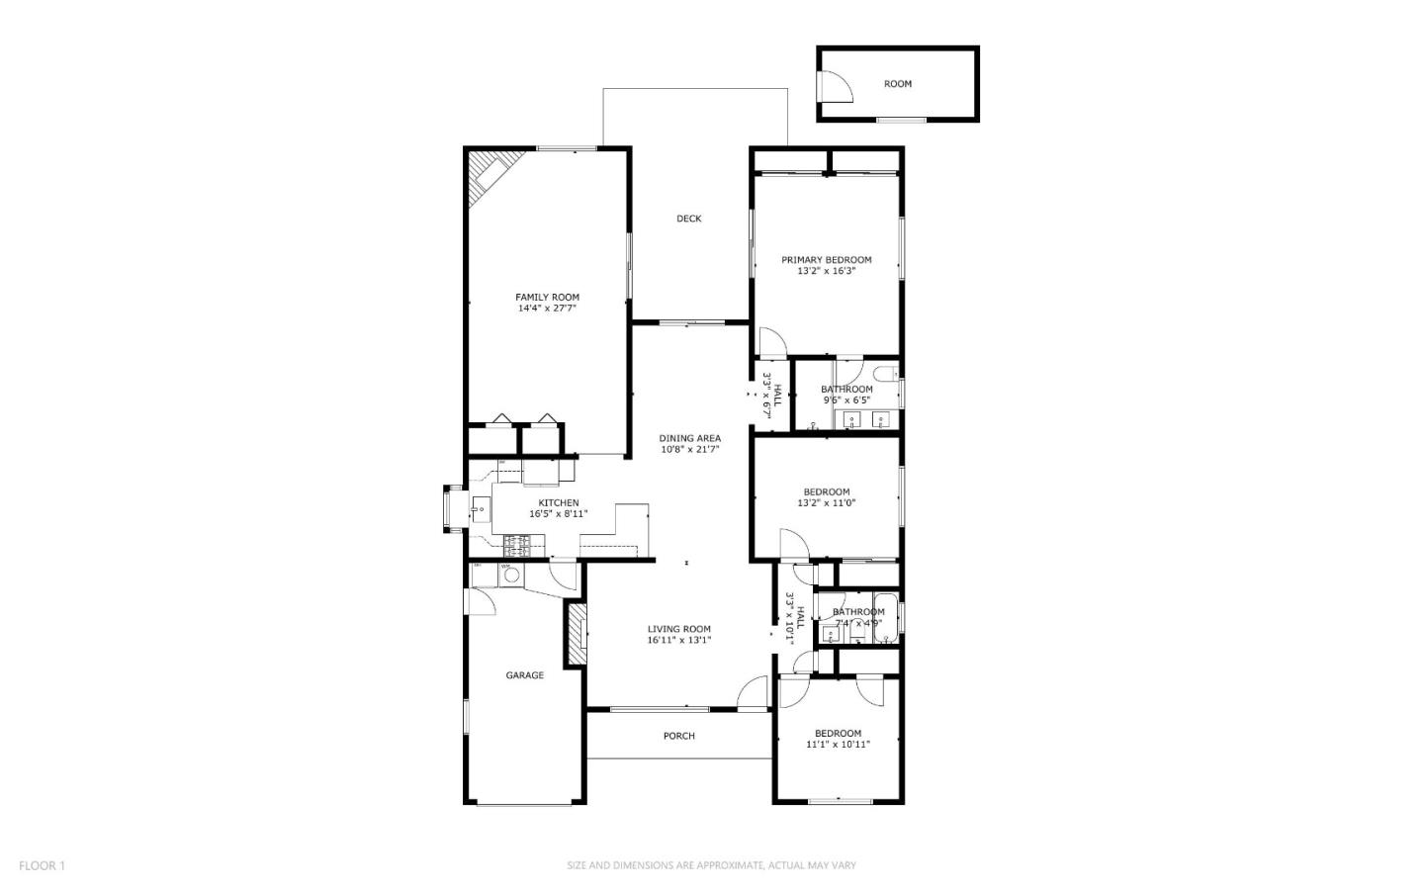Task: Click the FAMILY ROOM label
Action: [547, 297]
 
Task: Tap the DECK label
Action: [689, 219]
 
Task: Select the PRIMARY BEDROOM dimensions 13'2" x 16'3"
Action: [827, 271]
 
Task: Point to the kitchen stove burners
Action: [518, 544]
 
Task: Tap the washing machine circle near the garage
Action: [512, 575]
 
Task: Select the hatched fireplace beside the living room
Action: [576, 635]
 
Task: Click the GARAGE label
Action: [525, 675]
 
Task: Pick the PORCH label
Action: [679, 736]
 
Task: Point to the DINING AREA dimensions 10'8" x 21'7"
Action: [690, 449]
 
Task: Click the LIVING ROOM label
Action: [679, 629]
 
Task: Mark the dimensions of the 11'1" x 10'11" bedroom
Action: [838, 745]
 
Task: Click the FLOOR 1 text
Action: [42, 866]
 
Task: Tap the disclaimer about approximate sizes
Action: [711, 866]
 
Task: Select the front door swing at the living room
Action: [754, 694]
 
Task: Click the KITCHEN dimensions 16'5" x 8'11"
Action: [559, 514]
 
